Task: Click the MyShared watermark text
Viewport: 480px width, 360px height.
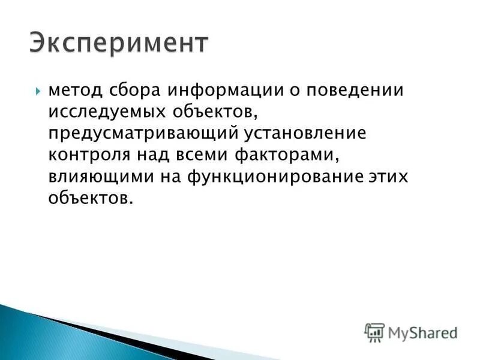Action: (422, 331)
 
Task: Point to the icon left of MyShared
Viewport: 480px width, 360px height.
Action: (374, 331)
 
